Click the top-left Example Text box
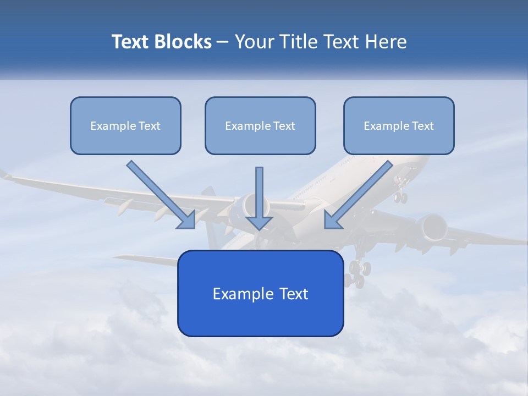click(x=125, y=126)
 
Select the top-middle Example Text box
click(x=260, y=126)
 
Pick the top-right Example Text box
click(x=399, y=126)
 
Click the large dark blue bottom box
click(x=260, y=293)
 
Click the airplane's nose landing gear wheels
click(x=401, y=196)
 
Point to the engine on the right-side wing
click(x=432, y=227)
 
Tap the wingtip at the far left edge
click(x=4, y=174)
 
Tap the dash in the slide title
click(x=223, y=42)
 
